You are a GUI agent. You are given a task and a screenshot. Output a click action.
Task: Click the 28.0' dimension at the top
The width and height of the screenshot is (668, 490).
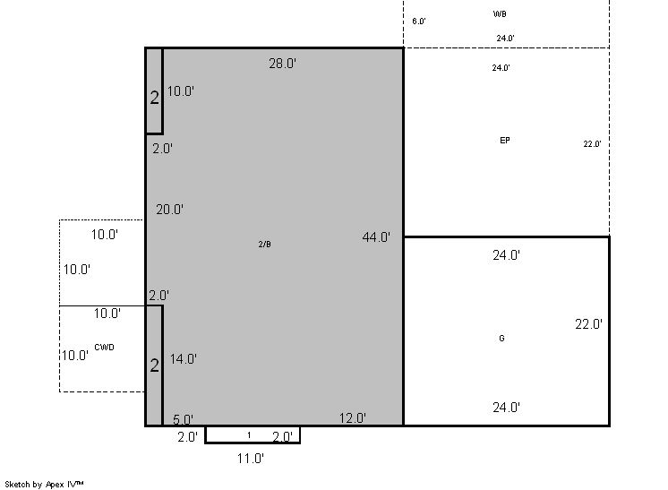282,64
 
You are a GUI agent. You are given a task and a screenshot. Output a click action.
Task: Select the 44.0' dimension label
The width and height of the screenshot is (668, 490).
376,236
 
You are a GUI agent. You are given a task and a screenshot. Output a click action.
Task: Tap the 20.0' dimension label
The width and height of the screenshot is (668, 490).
169,210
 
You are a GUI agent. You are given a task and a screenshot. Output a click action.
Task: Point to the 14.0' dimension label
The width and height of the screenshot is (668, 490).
184,358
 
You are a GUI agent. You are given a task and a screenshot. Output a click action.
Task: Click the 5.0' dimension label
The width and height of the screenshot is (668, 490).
184,419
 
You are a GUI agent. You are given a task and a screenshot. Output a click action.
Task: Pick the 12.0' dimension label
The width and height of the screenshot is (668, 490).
353,418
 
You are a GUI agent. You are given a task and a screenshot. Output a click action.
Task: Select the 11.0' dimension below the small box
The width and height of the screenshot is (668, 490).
251,459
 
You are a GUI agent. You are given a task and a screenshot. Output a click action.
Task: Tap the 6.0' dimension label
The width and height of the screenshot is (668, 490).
419,21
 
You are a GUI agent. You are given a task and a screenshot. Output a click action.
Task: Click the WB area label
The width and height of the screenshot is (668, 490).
500,14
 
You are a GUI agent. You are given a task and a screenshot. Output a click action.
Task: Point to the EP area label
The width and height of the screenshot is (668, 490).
505,140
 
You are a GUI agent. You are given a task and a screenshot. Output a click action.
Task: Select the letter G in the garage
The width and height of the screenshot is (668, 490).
501,338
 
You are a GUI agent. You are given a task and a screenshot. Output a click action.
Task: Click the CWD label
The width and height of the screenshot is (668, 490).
105,348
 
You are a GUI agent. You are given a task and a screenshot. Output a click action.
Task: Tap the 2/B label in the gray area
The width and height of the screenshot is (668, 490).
264,245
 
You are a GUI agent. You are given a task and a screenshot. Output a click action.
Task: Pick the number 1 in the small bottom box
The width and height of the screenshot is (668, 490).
249,435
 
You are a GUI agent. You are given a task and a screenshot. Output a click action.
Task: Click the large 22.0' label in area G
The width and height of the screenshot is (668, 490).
589,324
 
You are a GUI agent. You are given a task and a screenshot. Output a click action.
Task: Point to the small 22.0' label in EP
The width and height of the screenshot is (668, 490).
592,144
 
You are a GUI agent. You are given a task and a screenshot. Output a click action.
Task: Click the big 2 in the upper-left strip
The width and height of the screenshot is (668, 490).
155,98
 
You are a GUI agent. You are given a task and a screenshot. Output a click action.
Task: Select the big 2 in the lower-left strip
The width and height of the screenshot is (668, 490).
155,365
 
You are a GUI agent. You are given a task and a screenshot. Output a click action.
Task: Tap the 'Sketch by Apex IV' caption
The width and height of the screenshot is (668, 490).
44,484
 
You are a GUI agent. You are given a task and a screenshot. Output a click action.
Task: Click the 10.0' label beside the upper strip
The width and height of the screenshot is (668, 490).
181,90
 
